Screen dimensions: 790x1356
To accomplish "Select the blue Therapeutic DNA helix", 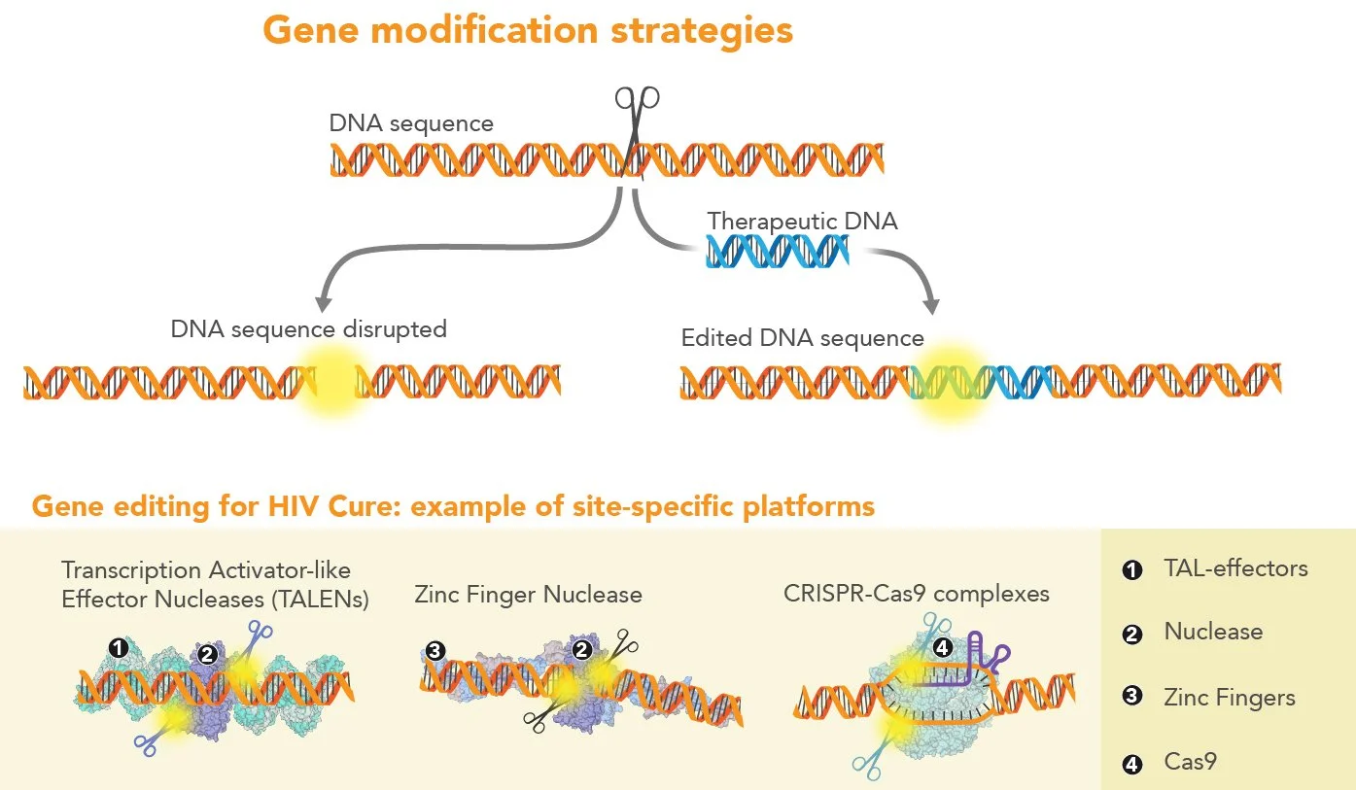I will (x=778, y=253).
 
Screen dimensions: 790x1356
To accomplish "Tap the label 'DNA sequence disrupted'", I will (x=308, y=329).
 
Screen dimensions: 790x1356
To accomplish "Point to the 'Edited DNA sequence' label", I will (x=802, y=338).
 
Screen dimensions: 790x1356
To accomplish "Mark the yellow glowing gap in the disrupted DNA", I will (x=331, y=383).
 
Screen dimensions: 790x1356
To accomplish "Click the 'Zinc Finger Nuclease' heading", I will (x=528, y=594).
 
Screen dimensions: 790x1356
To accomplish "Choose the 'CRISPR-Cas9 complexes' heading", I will (x=916, y=593).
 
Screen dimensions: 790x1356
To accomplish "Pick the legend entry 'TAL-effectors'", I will (x=1235, y=568).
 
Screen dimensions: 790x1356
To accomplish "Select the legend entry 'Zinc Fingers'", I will (x=1229, y=698).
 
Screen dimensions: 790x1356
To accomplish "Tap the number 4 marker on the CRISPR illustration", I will (x=941, y=646).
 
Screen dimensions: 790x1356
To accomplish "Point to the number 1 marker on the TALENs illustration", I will (x=118, y=647).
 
